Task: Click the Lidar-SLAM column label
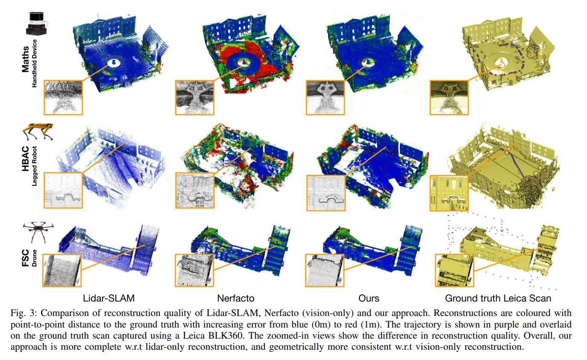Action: pos(109,298)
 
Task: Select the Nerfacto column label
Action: pos(235,298)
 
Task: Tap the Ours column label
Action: pos(369,298)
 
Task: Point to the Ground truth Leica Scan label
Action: pos(498,298)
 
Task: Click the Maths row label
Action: pos(25,59)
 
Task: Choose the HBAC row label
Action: pos(25,159)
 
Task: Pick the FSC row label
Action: pos(25,258)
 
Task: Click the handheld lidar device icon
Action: pos(37,23)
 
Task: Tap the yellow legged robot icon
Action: pos(38,132)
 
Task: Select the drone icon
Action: pos(38,232)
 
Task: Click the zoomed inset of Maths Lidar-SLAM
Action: pos(63,98)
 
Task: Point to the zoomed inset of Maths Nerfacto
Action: pos(195,98)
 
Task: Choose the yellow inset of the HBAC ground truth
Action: pos(449,193)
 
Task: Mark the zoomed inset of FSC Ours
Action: pos(325,270)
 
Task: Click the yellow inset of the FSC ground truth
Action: pos(455,270)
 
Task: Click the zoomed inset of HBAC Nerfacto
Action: pos(195,190)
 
